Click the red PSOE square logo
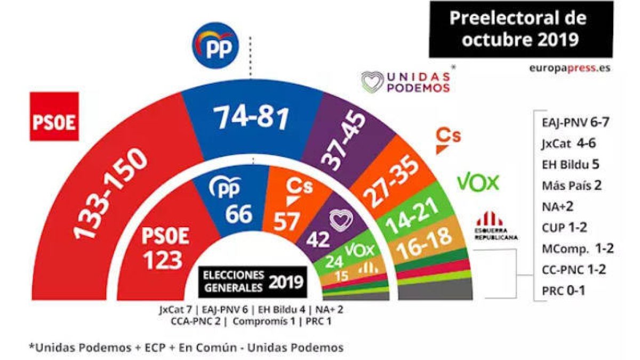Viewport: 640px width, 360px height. click(x=54, y=116)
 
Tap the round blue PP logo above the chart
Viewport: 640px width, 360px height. click(x=216, y=46)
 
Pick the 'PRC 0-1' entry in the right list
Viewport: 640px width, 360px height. click(x=563, y=291)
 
